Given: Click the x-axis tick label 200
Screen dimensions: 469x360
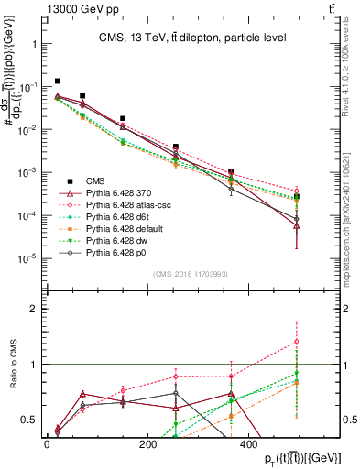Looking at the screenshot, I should tap(147, 445).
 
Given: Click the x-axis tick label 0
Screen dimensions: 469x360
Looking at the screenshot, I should tap(47, 445).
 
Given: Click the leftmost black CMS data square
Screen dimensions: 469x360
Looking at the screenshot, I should tap(58, 82).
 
